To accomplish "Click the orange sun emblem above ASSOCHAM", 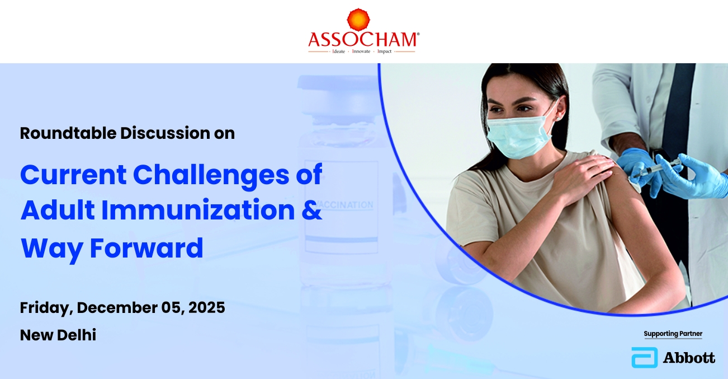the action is pos(358,19).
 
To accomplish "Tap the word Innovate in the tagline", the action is pos(361,52).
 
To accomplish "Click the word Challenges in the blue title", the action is pos(211,176).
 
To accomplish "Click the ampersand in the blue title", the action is pos(311,210).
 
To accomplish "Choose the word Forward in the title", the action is pos(146,248).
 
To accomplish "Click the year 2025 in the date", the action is pos(206,307).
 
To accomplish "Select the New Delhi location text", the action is pos(58,335).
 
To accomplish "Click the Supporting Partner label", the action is pos(673,334).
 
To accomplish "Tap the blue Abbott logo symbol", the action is pos(645,358).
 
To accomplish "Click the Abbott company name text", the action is pos(689,358).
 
